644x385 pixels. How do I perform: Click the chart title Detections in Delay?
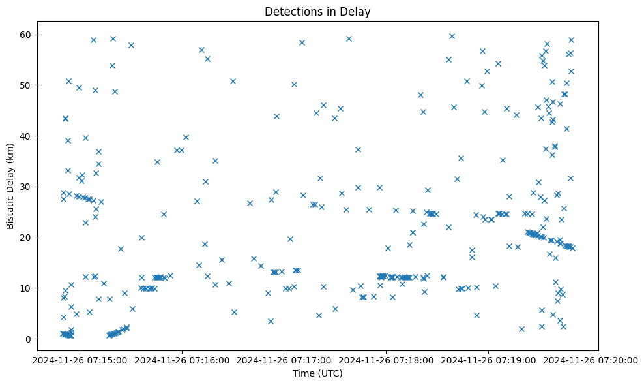[317, 12]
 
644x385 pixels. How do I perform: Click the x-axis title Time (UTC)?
[317, 373]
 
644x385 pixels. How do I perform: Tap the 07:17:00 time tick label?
[284, 360]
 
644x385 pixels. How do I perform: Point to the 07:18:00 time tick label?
[386, 360]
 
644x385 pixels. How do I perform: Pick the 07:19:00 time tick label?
[488, 360]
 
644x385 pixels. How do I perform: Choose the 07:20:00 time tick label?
[591, 360]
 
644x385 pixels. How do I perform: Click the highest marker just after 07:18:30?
[452, 36]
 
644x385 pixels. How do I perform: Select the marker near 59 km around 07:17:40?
[349, 38]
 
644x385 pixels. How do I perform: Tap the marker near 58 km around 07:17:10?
[302, 42]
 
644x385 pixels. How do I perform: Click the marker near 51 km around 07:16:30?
[233, 81]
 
